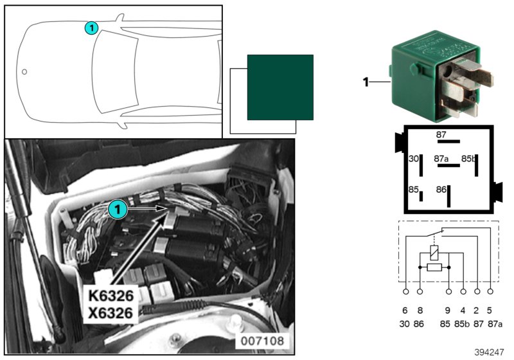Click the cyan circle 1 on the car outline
[x=91, y=28]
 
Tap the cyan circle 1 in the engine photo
[x=118, y=209]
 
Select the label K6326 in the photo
[x=111, y=296]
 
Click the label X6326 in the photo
[x=111, y=313]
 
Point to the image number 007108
[x=262, y=341]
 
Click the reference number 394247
[x=489, y=352]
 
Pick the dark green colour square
[x=280, y=87]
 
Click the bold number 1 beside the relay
[x=366, y=82]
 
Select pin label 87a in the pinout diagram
[x=441, y=159]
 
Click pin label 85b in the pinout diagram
[x=468, y=159]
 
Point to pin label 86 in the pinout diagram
[x=441, y=190]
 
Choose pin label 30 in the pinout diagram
[x=414, y=159]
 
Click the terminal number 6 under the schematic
[x=405, y=310]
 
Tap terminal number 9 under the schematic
[x=448, y=310]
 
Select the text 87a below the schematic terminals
[x=495, y=324]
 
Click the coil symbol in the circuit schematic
[x=434, y=253]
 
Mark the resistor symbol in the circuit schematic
[x=434, y=267]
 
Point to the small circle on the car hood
[x=24, y=72]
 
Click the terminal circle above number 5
[x=490, y=291]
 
